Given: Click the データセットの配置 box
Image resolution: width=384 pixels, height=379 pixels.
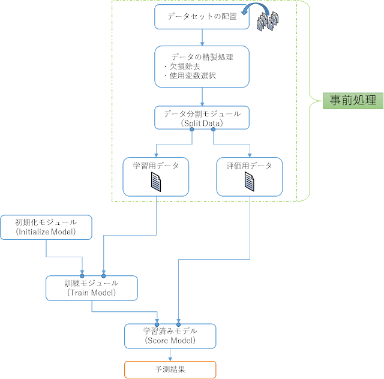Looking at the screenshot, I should click(202, 17).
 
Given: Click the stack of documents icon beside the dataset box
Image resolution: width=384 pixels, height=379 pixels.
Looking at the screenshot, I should click(269, 23).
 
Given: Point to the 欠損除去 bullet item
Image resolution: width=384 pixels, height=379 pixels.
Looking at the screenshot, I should click(180, 67).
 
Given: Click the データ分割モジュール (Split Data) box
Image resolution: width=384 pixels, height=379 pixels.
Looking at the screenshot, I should click(202, 117).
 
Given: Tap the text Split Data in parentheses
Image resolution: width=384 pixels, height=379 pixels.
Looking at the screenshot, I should click(202, 123).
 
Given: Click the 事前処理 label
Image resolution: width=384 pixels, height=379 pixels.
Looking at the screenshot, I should click(353, 100).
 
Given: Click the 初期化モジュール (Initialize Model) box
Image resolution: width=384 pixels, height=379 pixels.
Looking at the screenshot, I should click(46, 226).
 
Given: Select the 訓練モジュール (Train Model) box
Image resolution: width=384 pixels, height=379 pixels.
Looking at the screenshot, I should click(91, 288).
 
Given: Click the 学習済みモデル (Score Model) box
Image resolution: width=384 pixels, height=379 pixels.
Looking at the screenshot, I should click(170, 335).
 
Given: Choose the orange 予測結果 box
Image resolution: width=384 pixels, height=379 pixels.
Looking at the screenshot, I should click(170, 369).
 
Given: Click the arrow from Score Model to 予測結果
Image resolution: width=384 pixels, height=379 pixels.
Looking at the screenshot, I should click(170, 354).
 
